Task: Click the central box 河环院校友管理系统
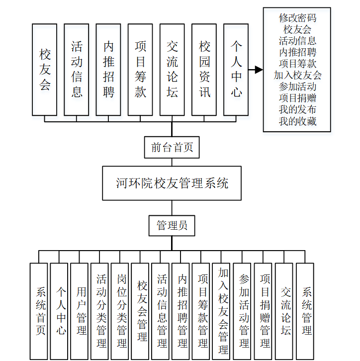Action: [172, 183]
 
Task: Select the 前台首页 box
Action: [172, 147]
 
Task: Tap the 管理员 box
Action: [172, 226]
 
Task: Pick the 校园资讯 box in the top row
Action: [204, 70]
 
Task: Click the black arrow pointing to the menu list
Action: [256, 70]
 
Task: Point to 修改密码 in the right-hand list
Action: [297, 18]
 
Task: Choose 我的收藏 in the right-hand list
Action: [297, 121]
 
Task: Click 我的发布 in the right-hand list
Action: [297, 109]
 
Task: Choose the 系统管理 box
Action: [305, 311]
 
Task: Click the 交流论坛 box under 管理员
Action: [284, 311]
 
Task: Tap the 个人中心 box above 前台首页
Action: [236, 70]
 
